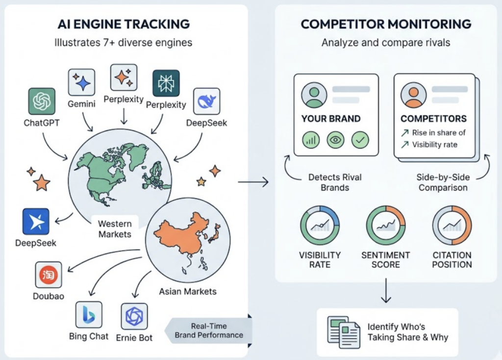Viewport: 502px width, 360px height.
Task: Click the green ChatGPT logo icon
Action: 42,102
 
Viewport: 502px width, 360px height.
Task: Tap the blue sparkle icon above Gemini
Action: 81,81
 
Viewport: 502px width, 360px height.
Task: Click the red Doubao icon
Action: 49,275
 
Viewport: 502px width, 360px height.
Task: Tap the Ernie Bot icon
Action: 134,316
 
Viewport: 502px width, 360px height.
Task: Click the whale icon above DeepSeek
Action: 206,101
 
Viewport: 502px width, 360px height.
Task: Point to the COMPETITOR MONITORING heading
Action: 386,24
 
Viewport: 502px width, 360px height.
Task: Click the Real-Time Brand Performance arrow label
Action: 209,331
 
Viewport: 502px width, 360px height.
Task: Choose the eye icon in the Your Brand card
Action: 335,140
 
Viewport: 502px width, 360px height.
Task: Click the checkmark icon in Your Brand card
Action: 360,140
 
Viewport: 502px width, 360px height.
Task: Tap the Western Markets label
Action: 115,229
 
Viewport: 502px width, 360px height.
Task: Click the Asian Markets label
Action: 188,291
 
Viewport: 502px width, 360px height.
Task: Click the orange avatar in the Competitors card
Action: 413,95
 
